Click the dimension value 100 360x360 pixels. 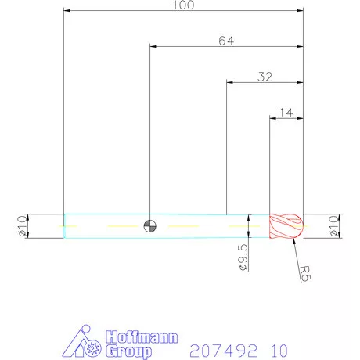pyautogui.click(x=182, y=5)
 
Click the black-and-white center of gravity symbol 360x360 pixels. pyautogui.click(x=149, y=226)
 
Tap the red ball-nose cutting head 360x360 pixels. pyautogui.click(x=286, y=226)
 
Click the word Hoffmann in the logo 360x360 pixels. pyautogui.click(x=142, y=337)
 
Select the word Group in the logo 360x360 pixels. pyautogui.click(x=130, y=351)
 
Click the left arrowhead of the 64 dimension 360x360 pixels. pyautogui.click(x=152, y=47)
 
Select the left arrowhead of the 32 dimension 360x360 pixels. pyautogui.click(x=229, y=82)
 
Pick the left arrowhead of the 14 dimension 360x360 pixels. pyautogui.click(x=272, y=119)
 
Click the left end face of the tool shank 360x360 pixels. pyautogui.click(x=64, y=226)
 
